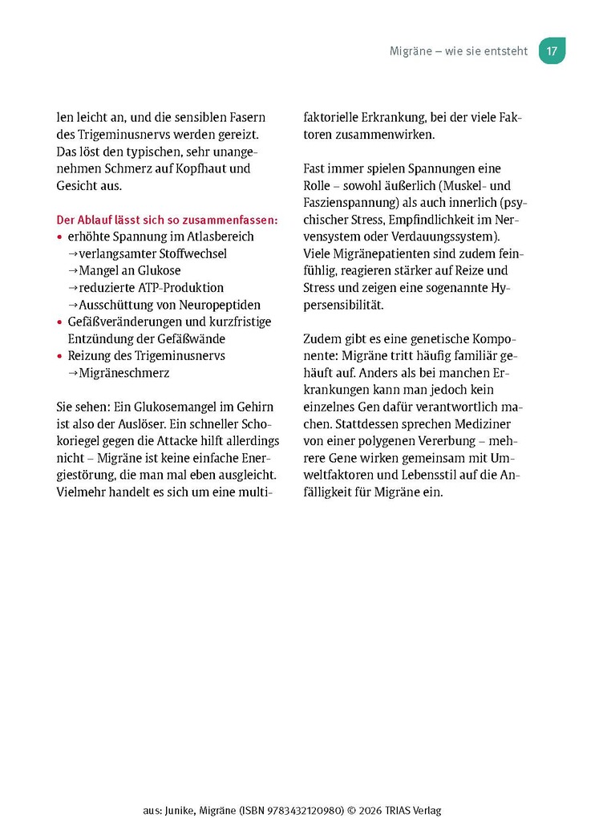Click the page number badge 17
click(x=552, y=51)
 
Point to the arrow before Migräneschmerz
click(x=73, y=373)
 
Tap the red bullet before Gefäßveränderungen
click(x=59, y=322)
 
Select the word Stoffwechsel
click(x=188, y=253)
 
